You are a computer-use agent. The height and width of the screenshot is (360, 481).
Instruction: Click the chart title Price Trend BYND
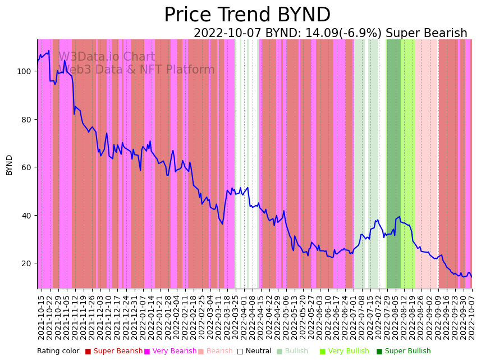[247, 15]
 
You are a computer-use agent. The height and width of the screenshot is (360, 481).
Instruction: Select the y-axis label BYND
[9, 165]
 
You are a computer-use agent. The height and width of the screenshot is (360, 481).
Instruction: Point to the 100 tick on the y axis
[26, 71]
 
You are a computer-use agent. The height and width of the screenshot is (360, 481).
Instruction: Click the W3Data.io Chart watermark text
[107, 57]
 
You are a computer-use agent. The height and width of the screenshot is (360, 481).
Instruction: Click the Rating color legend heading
[58, 351]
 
